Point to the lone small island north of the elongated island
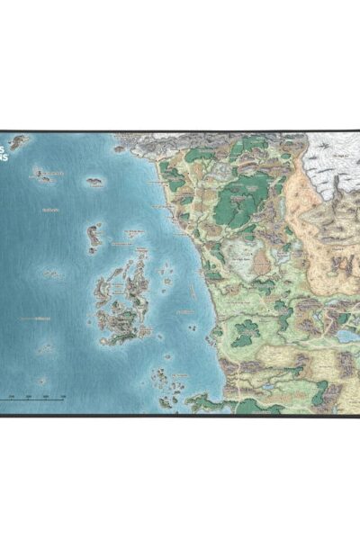94,183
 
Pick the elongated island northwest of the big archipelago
94,236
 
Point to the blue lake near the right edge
346,337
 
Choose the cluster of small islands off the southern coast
166,382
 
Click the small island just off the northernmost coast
120,148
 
